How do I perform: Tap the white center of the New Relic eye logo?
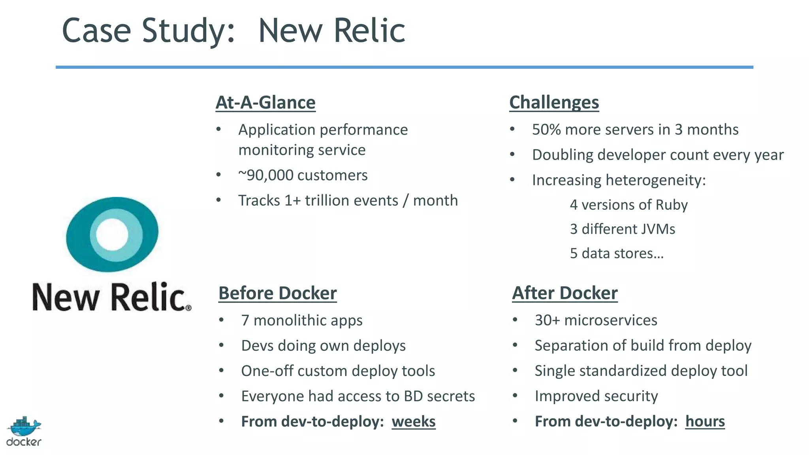coord(112,234)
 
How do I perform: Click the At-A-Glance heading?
coord(265,102)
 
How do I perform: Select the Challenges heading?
coord(554,102)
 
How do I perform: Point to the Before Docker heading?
coord(277,293)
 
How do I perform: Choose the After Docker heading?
coord(564,293)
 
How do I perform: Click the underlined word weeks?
coord(414,421)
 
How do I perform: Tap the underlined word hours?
coord(705,421)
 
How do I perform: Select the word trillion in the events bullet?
coord(328,200)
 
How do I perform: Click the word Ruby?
coord(672,205)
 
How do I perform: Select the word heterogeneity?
coord(656,180)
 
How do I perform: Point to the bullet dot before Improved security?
coord(515,395)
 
